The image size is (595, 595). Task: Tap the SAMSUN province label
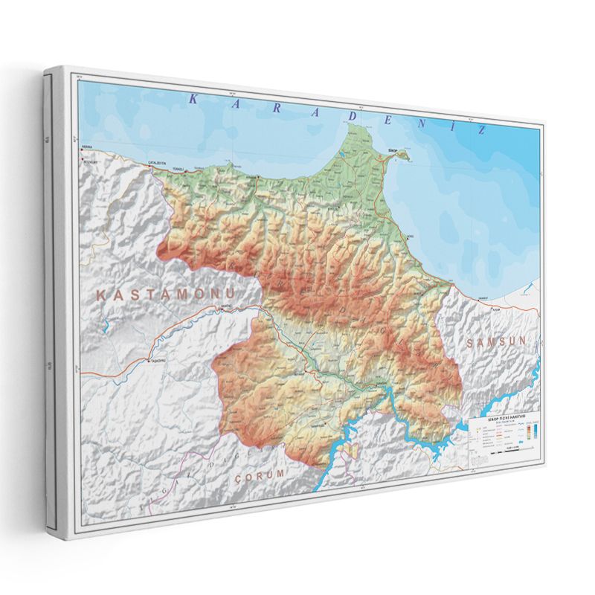[x=497, y=341]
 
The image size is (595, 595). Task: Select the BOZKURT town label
[x=89, y=160]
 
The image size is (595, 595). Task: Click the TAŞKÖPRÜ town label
[x=157, y=360]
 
